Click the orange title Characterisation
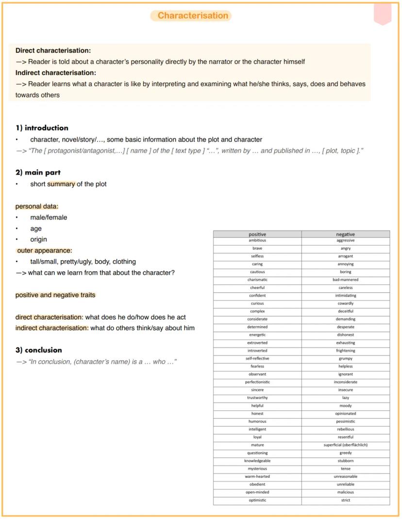pos(193,16)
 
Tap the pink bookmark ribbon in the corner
pos(383,14)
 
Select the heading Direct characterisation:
pos(53,50)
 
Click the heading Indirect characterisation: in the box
pos(56,73)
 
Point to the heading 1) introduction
pos(42,128)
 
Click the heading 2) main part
pos(38,172)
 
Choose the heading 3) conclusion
pos(39,350)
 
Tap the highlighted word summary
pos(61,184)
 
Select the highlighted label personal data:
pos(37,206)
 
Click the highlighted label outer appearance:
pos(44,251)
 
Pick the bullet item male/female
pos(49,218)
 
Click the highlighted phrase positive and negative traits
pos(55,295)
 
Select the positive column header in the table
pos(257,234)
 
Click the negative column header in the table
pos(345,234)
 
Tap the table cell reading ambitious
pos(257,240)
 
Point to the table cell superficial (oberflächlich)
pos(345,445)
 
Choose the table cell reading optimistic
pos(257,500)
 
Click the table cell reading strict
pos(345,500)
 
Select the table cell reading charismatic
pos(257,280)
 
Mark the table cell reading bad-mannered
pos(345,280)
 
